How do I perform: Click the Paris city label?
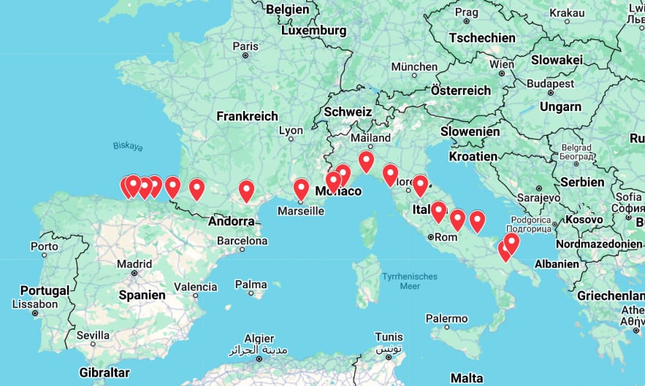pos(245,46)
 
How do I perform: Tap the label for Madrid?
pos(134,263)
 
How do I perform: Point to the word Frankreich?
pos(248,116)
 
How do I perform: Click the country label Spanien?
pos(142,296)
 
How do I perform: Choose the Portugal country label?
pos(45,290)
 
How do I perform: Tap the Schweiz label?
pos(348,112)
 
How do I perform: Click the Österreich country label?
pos(461,90)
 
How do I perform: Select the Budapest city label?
pos(552,84)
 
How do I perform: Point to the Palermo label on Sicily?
pos(446,319)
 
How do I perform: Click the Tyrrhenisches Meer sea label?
pos(409,282)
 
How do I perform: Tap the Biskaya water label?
pos(128,147)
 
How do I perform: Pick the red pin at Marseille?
pos(301,190)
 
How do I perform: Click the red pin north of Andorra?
pos(247,191)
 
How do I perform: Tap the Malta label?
pos(467,378)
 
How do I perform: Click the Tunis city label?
pos(388,336)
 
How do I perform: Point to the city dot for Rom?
pos(431,236)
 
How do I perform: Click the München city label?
pos(413,66)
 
